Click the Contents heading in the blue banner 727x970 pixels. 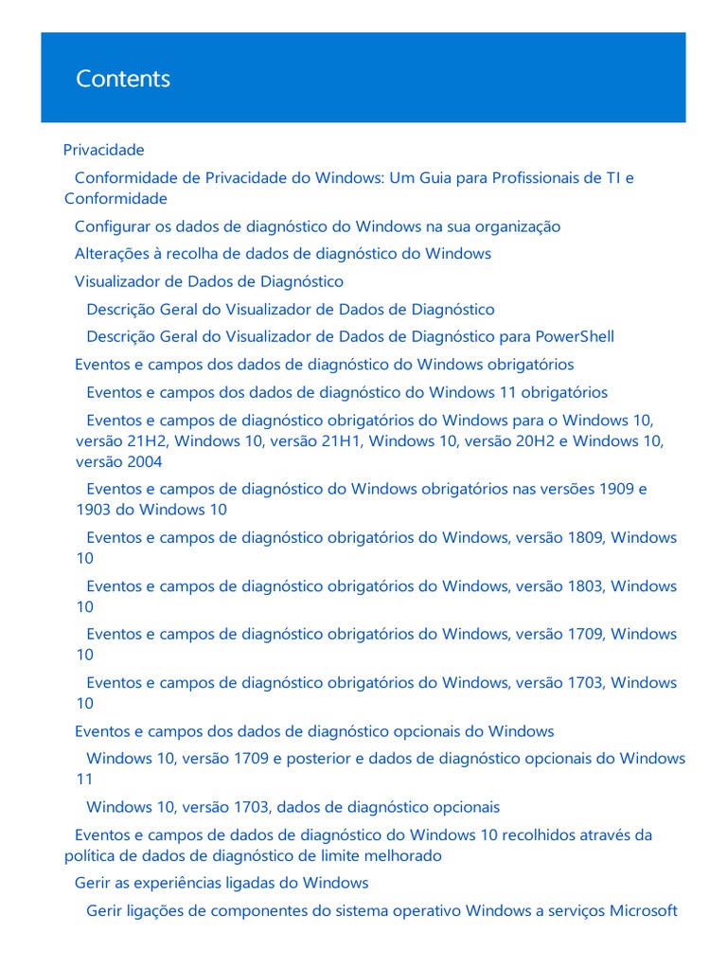(x=123, y=79)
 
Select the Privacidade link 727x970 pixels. (x=104, y=150)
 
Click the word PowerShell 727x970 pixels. (x=575, y=336)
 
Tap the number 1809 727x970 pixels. (x=585, y=537)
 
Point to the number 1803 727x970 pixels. (x=585, y=586)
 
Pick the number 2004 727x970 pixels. (x=142, y=461)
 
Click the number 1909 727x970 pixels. (x=618, y=489)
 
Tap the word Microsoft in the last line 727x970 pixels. (x=643, y=911)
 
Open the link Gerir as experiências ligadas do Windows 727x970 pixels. (x=222, y=883)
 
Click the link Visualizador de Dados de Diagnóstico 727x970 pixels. (x=209, y=281)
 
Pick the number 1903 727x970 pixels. (x=95, y=510)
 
